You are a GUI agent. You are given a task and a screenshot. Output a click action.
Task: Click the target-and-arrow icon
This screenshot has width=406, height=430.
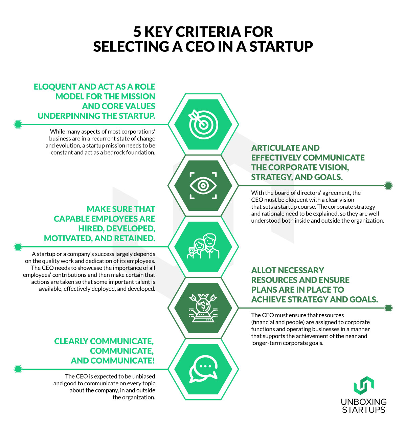tap(203, 124)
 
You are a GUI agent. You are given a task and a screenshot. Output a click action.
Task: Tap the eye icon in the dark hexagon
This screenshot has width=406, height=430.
tap(203, 185)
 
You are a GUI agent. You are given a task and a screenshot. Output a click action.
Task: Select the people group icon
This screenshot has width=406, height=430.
tap(203, 246)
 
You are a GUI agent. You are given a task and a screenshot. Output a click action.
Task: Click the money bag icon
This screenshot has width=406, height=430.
tap(203, 308)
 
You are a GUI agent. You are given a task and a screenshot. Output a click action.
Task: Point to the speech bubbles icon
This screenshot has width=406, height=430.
tap(203, 369)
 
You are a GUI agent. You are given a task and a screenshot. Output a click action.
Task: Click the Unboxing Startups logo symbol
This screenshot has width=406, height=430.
tap(364, 385)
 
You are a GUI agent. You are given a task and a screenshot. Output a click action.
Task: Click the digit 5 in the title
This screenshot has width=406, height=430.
tap(137, 32)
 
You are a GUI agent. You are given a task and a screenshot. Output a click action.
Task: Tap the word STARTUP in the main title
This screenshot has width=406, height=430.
tap(281, 46)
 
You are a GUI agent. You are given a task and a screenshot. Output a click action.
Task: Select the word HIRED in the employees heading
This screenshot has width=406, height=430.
tap(91, 228)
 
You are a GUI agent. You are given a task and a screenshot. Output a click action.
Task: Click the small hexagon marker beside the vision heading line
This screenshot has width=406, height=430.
tap(388, 185)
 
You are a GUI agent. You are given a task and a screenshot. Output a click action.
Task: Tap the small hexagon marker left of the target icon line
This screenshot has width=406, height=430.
tap(18, 124)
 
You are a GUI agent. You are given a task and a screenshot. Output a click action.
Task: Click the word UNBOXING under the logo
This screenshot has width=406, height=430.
tap(364, 402)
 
